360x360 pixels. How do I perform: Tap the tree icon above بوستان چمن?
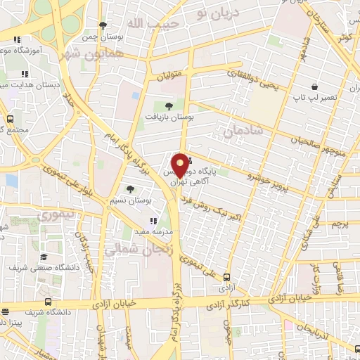coord(103,25)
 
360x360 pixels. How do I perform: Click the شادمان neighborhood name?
coord(243,130)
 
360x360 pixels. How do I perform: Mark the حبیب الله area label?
coord(149,23)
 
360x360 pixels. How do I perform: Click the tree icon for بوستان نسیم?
coord(131,188)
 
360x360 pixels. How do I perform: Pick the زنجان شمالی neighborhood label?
coord(134,250)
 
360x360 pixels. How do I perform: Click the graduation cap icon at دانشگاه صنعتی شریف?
coord(44,257)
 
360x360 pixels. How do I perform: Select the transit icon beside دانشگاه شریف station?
coord(6,311)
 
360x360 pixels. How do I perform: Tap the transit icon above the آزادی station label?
coord(227,278)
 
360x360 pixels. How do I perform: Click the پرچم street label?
coord(340,224)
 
